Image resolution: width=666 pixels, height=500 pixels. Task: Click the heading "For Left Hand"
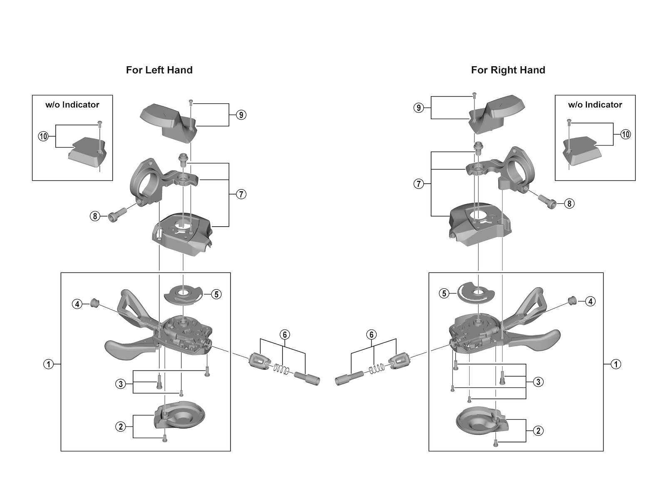point(159,70)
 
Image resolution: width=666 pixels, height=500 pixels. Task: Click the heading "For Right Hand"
point(508,70)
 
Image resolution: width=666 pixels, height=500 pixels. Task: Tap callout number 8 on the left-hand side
point(95,216)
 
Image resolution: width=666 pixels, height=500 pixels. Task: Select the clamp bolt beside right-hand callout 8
point(547,200)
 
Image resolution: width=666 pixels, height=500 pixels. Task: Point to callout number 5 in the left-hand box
point(216,294)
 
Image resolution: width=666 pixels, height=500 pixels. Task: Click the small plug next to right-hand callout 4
point(572,300)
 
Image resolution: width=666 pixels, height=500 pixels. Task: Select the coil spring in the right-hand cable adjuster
point(377,369)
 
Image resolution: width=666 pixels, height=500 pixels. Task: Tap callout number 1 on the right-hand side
point(616,364)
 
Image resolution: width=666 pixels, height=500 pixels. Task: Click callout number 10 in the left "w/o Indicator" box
point(43,136)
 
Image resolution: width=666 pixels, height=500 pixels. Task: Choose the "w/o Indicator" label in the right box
point(595,105)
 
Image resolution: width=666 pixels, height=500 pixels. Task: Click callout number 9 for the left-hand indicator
point(241,115)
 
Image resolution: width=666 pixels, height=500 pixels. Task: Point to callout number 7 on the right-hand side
point(419,184)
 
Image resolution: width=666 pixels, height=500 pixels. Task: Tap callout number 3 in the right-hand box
point(538,382)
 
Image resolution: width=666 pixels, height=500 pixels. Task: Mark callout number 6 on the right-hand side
point(372,335)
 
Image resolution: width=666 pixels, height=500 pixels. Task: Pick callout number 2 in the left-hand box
point(121,426)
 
